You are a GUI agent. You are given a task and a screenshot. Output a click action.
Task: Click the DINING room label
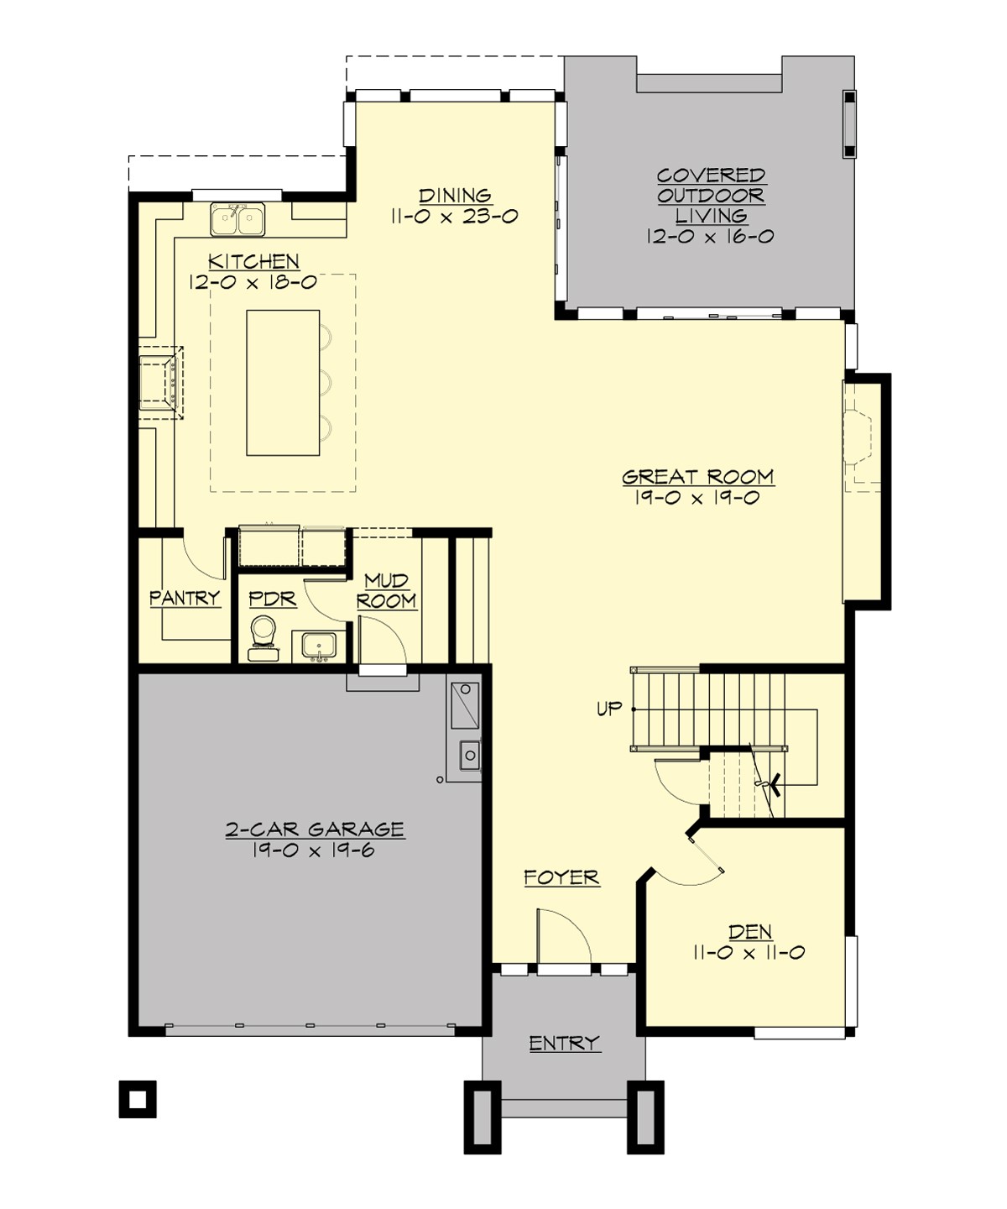(455, 196)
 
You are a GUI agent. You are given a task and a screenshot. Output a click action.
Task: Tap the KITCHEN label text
(253, 261)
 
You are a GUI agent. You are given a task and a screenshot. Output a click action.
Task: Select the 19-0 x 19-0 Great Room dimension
(697, 498)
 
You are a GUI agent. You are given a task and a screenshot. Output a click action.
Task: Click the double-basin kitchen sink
(237, 220)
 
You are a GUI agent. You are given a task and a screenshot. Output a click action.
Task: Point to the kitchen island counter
(283, 383)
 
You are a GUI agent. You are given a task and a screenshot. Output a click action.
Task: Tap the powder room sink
(319, 646)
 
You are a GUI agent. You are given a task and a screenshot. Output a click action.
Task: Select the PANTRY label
(185, 598)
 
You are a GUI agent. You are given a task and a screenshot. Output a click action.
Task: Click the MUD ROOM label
(386, 591)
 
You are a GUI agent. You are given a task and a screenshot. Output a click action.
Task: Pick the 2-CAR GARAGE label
(315, 830)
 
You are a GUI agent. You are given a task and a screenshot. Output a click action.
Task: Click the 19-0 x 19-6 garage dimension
(313, 850)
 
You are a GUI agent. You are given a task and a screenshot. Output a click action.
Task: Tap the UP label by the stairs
(609, 709)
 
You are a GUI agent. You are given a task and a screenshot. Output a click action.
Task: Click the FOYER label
(561, 877)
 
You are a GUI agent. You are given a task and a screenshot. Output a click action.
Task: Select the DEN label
(750, 931)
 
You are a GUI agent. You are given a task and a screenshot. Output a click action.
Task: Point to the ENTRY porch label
(564, 1043)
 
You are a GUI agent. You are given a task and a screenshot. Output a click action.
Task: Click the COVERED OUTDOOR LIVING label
(711, 196)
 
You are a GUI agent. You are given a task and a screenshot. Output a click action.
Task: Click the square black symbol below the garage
(138, 1098)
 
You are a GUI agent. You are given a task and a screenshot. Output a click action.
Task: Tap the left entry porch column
(483, 1117)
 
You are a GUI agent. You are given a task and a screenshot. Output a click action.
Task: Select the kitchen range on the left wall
(159, 382)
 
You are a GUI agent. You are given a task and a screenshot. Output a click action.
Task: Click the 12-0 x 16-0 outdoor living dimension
(710, 237)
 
